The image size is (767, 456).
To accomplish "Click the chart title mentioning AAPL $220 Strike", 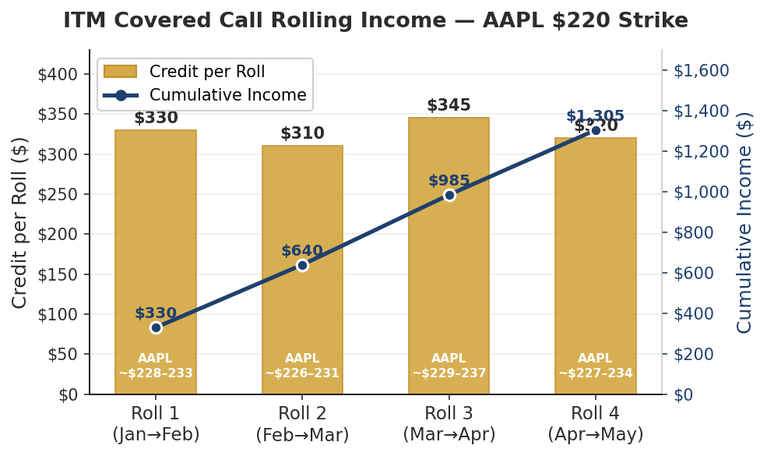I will click(x=375, y=21).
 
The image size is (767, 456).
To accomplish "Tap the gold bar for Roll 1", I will click(x=156, y=234).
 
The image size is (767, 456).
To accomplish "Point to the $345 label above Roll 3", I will click(x=449, y=105).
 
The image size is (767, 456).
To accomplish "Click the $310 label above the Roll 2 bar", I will click(x=302, y=133).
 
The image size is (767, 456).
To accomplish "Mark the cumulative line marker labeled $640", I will click(x=302, y=265).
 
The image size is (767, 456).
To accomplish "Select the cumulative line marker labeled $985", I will click(x=449, y=195).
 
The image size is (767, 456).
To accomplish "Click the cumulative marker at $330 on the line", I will click(x=156, y=327).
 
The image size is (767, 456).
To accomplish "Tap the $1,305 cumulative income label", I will click(x=595, y=116).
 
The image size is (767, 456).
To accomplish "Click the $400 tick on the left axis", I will click(x=58, y=74).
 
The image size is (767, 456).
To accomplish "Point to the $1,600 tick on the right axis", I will click(x=701, y=70).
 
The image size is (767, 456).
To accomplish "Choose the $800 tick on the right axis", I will click(x=695, y=232).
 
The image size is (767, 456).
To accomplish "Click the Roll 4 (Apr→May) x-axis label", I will click(x=596, y=424).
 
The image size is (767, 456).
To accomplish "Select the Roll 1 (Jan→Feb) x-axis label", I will click(x=156, y=424).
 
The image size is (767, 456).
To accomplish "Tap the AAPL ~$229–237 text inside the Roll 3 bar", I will click(x=449, y=366).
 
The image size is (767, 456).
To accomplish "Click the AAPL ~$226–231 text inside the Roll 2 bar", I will click(x=302, y=366).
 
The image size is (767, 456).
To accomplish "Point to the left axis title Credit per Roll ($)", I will click(x=20, y=222).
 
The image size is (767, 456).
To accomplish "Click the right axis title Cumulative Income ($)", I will click(x=744, y=222).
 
